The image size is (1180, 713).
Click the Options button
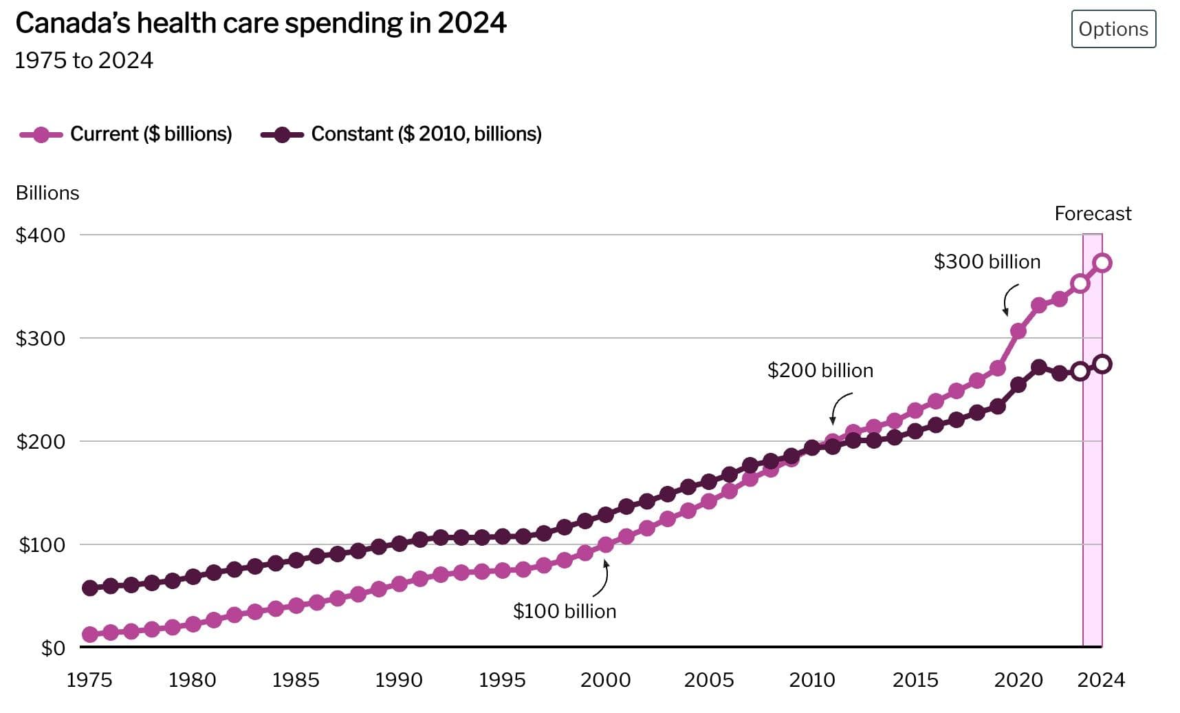(x=1113, y=29)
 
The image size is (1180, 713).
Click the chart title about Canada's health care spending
(x=261, y=23)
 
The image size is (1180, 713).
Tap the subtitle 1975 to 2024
(x=84, y=61)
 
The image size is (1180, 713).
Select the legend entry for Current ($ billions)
(x=151, y=134)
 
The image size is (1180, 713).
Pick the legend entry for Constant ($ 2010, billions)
(x=426, y=134)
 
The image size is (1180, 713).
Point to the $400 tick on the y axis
(x=41, y=235)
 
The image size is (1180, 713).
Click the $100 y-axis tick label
(x=42, y=545)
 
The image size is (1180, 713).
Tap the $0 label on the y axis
(x=53, y=648)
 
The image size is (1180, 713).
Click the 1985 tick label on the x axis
(x=296, y=680)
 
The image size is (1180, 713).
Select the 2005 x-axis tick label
(x=708, y=680)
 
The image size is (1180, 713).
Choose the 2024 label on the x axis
(x=1101, y=680)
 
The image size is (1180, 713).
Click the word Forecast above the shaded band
(x=1093, y=214)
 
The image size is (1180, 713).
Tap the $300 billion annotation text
(x=987, y=262)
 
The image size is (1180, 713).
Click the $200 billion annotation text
(x=820, y=370)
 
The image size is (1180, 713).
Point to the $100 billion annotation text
(x=565, y=611)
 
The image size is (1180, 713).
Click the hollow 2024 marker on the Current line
(x=1102, y=263)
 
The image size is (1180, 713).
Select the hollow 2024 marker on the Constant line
(x=1102, y=364)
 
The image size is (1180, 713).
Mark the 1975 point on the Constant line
(x=89, y=588)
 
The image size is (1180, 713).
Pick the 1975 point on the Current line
(x=89, y=635)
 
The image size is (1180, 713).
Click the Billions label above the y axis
(x=47, y=193)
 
